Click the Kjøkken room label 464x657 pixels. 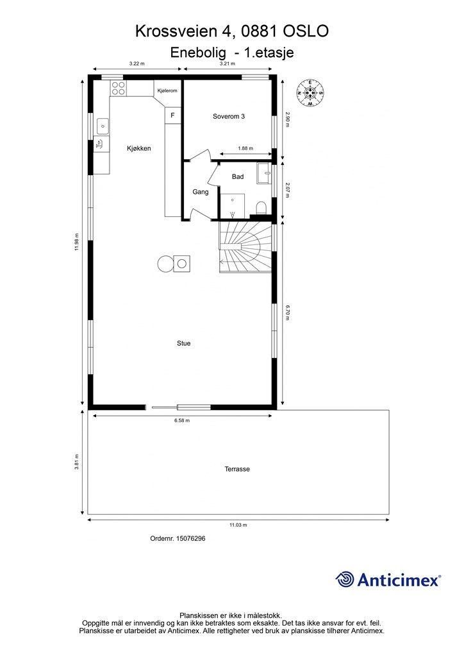click(139, 148)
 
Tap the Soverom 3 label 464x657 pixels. click(228, 117)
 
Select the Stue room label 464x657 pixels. click(184, 343)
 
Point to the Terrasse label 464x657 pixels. click(237, 469)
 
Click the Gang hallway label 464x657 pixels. click(201, 192)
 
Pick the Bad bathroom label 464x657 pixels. click(238, 177)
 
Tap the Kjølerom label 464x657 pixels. click(167, 90)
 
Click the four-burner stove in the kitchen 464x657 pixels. click(118, 88)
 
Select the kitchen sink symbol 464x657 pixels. click(103, 126)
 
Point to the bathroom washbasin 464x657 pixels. click(264, 173)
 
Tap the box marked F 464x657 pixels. click(172, 115)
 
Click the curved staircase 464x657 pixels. click(245, 247)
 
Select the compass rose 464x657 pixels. click(310, 92)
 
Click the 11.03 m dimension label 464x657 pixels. click(238, 525)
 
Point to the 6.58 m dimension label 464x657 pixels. click(182, 420)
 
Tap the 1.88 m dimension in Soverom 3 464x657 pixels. click(245, 148)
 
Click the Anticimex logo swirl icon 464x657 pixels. click(345, 579)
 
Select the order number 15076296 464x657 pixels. click(190, 538)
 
